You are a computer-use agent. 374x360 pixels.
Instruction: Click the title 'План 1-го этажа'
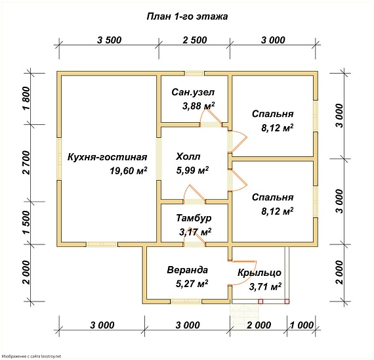[x=187, y=16]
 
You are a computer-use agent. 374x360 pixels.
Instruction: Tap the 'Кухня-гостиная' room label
[x=108, y=157]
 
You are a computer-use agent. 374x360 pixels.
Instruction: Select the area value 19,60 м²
[x=129, y=171]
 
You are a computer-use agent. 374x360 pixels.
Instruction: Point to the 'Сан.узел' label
[x=193, y=92]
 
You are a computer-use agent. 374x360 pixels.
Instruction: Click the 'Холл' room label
[x=188, y=157]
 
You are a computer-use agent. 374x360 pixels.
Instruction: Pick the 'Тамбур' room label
[x=194, y=218]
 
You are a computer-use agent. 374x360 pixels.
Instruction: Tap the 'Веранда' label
[x=187, y=270]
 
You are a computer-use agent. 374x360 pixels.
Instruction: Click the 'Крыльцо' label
[x=259, y=273]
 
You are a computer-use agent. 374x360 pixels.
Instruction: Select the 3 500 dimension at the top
[x=109, y=40]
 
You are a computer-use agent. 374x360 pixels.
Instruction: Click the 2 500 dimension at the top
[x=195, y=40]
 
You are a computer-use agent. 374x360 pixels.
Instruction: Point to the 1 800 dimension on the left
[x=27, y=98]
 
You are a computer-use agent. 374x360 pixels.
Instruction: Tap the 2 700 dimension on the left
[x=27, y=163]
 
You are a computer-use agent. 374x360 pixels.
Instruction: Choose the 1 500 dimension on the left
[x=27, y=223]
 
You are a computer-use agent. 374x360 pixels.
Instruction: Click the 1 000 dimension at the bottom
[x=302, y=325]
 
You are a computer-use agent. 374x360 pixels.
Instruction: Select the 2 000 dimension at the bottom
[x=259, y=325]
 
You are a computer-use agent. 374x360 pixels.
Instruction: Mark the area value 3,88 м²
[x=198, y=106]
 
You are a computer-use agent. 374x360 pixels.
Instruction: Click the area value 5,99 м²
[x=192, y=170]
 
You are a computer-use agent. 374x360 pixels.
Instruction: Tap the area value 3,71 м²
[x=265, y=286]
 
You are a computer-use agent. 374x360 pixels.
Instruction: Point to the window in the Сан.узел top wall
[x=195, y=74]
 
